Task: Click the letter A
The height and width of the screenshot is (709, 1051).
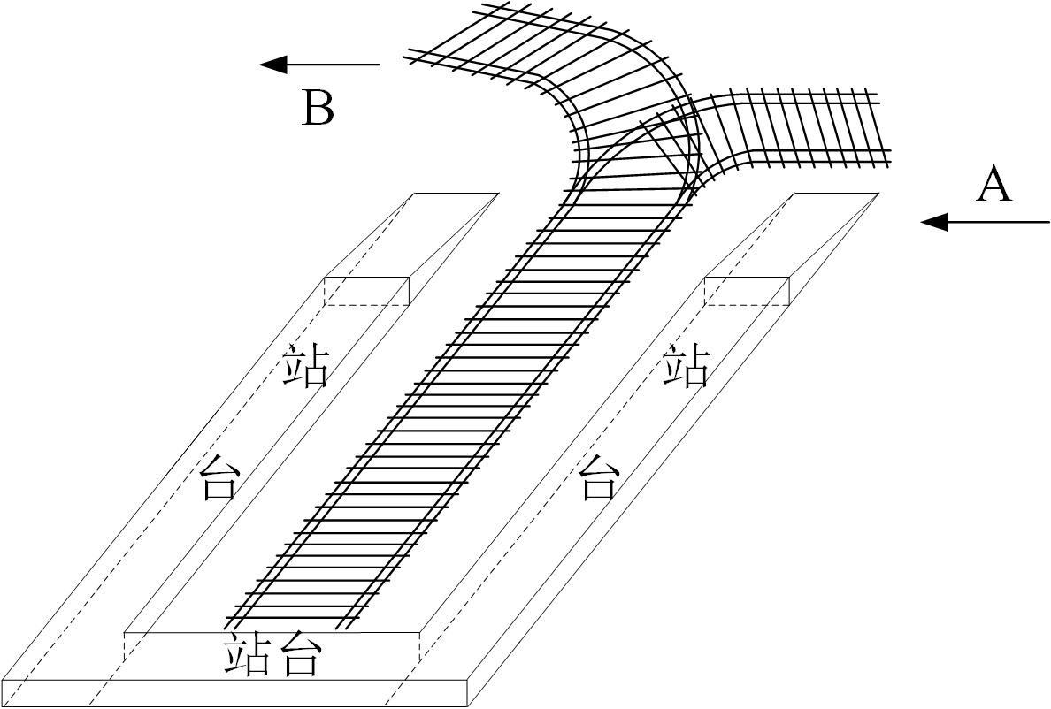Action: pyautogui.click(x=993, y=186)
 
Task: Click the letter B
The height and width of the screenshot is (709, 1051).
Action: pyautogui.click(x=318, y=110)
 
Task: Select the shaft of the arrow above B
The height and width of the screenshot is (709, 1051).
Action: pyautogui.click(x=336, y=64)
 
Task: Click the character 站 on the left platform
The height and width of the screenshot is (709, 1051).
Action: pyautogui.click(x=305, y=366)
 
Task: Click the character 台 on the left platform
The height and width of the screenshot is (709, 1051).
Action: pyautogui.click(x=219, y=477)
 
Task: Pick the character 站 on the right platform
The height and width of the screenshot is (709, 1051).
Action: pyautogui.click(x=687, y=366)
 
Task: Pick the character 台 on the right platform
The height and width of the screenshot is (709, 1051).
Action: pyautogui.click(x=599, y=477)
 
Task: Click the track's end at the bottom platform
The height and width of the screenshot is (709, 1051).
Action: pyautogui.click(x=292, y=619)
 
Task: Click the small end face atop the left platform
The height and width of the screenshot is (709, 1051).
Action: pyautogui.click(x=366, y=291)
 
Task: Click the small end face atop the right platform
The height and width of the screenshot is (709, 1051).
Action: pyautogui.click(x=746, y=291)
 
